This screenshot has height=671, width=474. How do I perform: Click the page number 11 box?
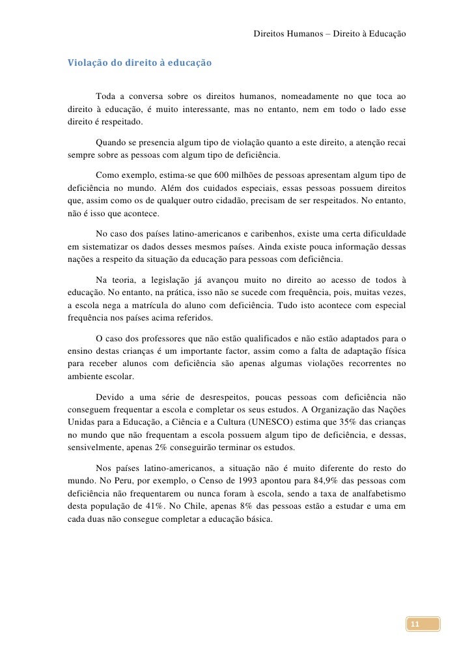pos(413,625)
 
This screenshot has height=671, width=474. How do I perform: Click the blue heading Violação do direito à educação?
pos(139,64)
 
